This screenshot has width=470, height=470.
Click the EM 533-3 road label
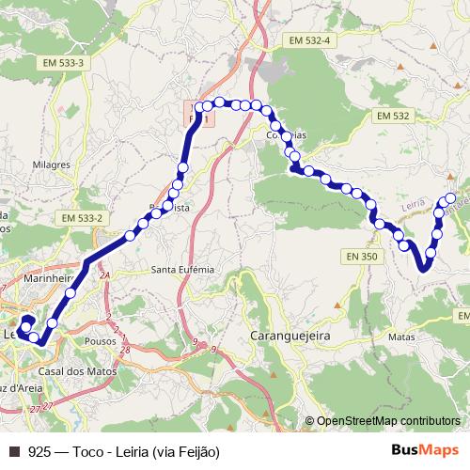(x=63, y=62)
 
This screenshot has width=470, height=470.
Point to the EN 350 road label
(x=361, y=256)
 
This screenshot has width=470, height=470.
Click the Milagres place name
(x=51, y=164)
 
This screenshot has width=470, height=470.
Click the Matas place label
(x=400, y=335)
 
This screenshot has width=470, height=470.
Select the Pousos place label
(x=99, y=341)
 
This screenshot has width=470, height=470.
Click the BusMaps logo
(x=425, y=451)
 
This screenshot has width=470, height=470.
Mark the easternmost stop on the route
(x=450, y=198)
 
